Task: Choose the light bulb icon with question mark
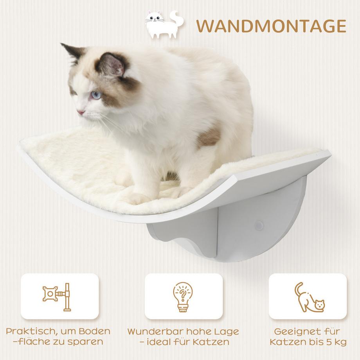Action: click(x=183, y=296)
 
